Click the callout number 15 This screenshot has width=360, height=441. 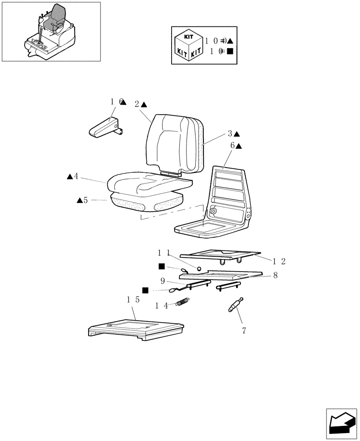(134, 300)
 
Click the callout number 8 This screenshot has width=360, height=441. (275, 275)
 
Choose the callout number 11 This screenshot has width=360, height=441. (164, 253)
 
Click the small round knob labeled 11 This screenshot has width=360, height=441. (199, 269)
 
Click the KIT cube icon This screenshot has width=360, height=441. (188, 45)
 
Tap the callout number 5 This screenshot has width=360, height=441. (86, 200)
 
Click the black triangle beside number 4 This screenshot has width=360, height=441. (70, 177)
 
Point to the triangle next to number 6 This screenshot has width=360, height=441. (239, 146)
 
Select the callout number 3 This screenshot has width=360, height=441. (230, 134)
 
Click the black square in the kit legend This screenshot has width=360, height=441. (230, 51)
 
